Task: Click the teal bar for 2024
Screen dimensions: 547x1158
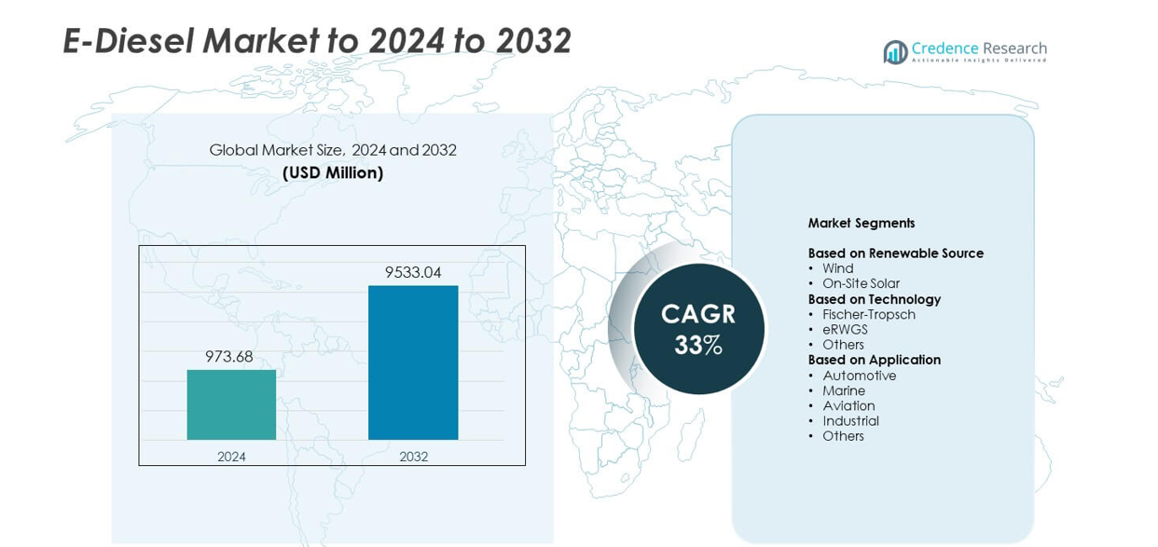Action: [231, 404]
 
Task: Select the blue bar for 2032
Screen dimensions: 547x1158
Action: [413, 362]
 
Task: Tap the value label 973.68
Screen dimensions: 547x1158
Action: [229, 356]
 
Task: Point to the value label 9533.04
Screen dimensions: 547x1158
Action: [413, 272]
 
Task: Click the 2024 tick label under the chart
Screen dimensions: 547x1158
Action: [231, 457]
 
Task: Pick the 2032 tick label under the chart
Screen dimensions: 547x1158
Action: [413, 457]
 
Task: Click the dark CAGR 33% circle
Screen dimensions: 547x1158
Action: [698, 329]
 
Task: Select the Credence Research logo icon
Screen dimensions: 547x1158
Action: [895, 52]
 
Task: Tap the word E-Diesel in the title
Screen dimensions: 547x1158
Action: [128, 41]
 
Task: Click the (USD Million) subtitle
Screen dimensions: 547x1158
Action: [333, 172]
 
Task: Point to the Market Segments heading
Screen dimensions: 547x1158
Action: [861, 223]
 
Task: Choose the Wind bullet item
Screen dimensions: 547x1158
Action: [837, 268]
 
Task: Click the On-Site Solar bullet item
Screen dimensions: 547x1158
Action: [861, 283]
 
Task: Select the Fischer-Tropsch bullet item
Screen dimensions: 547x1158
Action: [868, 314]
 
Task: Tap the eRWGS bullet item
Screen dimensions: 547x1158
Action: [845, 330]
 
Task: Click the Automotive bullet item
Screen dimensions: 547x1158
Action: [859, 376]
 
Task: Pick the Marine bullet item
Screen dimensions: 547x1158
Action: [844, 390]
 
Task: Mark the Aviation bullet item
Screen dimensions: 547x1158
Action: [848, 405]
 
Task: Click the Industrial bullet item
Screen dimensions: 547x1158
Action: [850, 421]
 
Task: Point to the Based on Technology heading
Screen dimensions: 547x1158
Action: [874, 299]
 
